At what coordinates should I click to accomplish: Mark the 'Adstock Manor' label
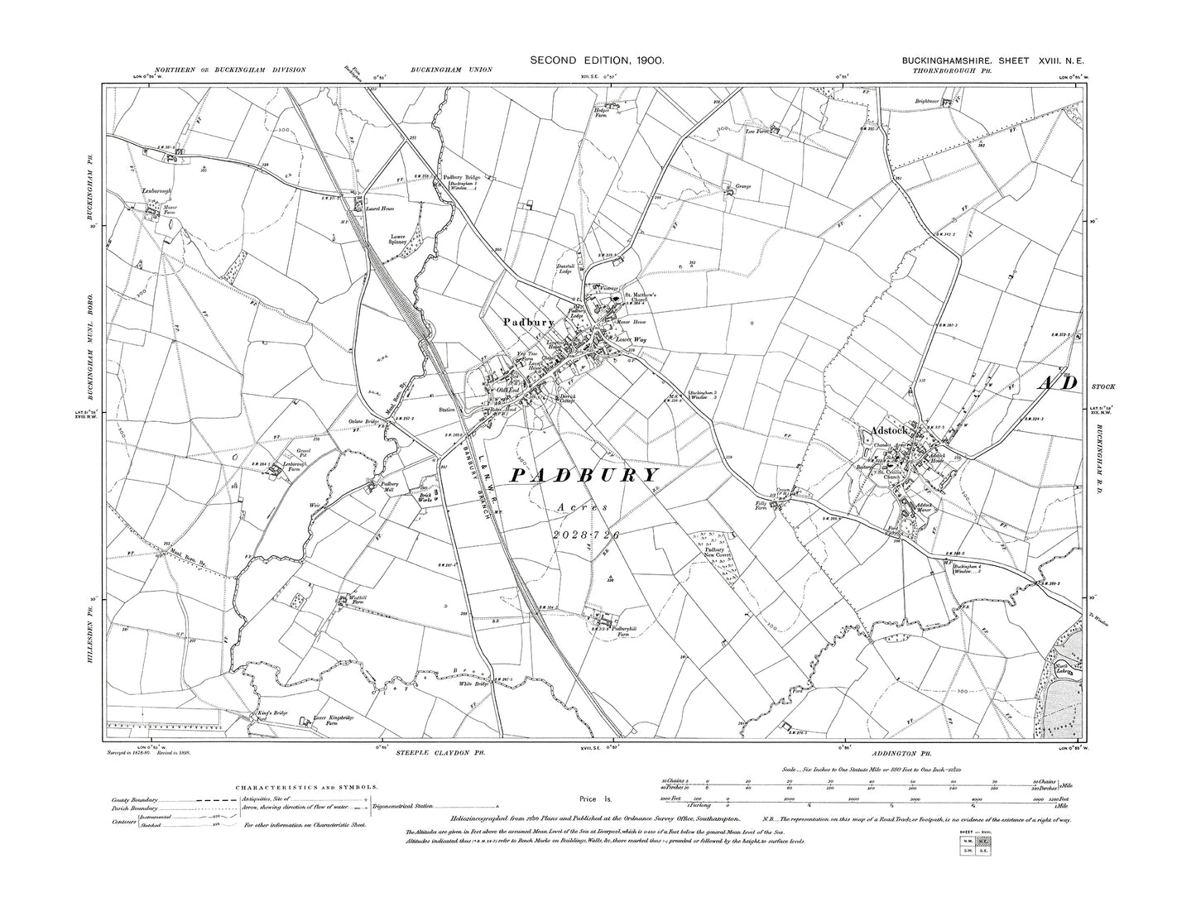(924, 506)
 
